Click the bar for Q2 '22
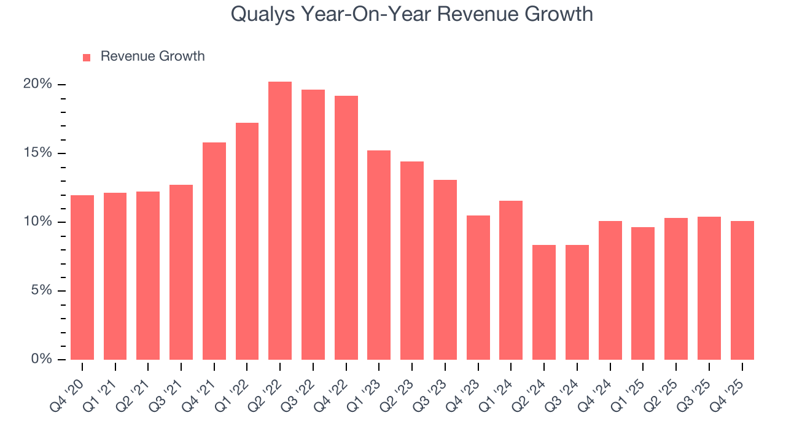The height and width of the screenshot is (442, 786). coord(280,221)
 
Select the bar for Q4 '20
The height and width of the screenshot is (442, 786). coord(82,277)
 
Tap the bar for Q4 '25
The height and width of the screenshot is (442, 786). coord(742,290)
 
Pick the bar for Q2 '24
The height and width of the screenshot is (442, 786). coord(544,302)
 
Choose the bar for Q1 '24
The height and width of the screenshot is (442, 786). coord(511,280)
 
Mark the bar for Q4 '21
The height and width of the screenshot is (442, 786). coord(214,251)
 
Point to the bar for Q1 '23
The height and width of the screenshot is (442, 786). coord(379,255)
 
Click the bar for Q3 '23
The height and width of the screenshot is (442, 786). coord(445,269)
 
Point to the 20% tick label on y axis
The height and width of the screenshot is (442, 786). coord(37,84)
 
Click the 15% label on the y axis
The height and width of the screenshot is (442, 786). coord(37,153)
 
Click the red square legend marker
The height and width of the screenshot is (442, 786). coord(87,57)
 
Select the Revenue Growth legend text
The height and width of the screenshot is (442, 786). coord(152,56)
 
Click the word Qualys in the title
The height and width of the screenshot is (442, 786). coord(263,14)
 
